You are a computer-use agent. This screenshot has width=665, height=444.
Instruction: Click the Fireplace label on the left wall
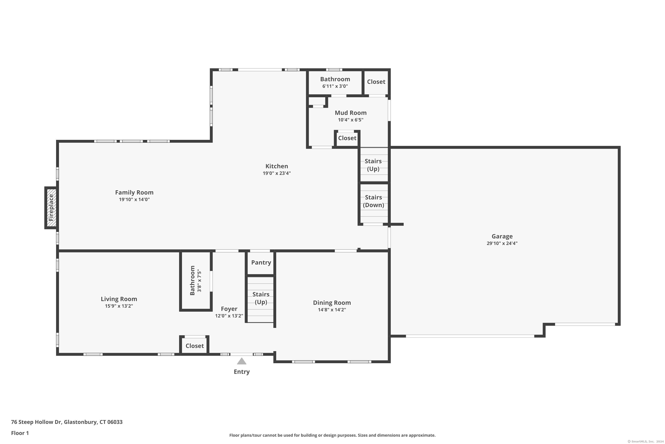click(x=51, y=208)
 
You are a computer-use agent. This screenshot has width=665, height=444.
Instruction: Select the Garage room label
click(x=502, y=236)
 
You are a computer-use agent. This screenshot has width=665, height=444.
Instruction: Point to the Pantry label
click(x=261, y=262)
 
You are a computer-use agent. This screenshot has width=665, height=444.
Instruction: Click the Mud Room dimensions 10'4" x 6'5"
click(x=351, y=120)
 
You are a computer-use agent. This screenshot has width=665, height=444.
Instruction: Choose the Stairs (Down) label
click(x=374, y=201)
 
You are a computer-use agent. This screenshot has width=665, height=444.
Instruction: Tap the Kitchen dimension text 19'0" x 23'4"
click(x=276, y=173)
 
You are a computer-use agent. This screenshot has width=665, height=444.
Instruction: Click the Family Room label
click(x=134, y=192)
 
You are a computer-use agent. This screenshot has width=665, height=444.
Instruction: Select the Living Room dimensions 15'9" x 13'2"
click(x=119, y=306)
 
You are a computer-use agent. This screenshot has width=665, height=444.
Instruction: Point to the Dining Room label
click(x=332, y=303)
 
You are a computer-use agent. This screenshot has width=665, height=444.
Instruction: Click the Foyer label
click(x=229, y=309)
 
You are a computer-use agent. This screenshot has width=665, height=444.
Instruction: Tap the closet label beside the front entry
click(x=195, y=346)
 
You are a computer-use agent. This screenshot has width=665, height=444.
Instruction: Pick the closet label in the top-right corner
click(x=376, y=82)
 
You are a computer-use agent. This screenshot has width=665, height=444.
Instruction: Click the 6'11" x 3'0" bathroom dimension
click(x=335, y=86)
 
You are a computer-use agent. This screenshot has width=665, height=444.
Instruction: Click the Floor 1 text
click(x=20, y=433)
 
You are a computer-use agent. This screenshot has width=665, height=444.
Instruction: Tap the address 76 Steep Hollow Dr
click(x=36, y=422)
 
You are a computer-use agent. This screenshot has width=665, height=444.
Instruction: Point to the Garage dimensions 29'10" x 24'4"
click(x=502, y=243)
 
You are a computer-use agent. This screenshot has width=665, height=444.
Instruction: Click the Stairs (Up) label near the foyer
click(x=261, y=298)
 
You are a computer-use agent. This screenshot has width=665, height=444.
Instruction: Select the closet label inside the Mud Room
click(x=347, y=138)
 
